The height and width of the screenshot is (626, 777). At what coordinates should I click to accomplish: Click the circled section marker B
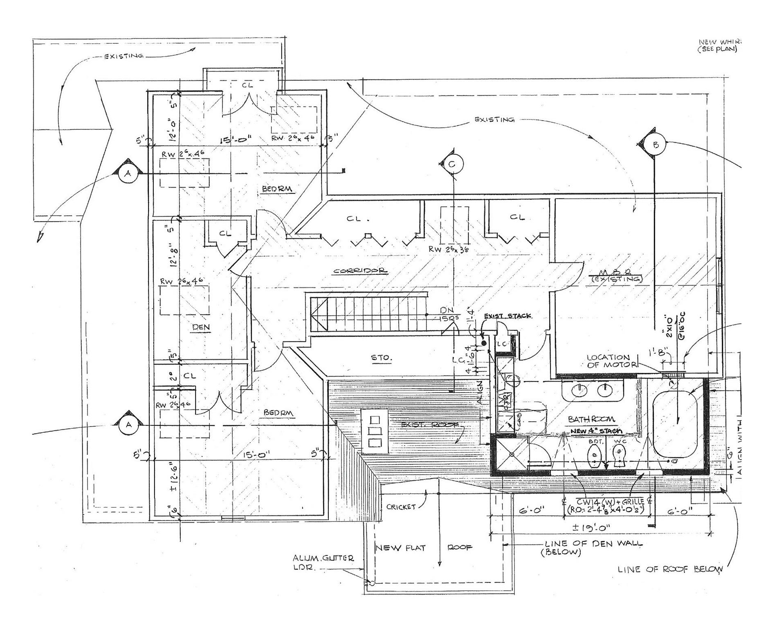click(x=656, y=145)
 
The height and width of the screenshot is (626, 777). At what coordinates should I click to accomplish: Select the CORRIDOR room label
click(x=360, y=271)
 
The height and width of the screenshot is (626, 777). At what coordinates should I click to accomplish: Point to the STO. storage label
click(x=381, y=358)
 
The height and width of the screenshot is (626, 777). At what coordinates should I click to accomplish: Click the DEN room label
click(x=201, y=327)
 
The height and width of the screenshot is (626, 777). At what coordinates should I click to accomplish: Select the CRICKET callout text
click(x=401, y=507)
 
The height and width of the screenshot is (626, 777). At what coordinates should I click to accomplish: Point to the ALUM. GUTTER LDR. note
click(x=323, y=562)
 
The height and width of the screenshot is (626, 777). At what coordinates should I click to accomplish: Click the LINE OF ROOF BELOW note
click(x=670, y=569)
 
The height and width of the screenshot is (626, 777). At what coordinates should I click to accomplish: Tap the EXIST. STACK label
click(x=508, y=316)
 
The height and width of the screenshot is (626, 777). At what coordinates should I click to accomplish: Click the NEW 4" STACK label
click(x=596, y=431)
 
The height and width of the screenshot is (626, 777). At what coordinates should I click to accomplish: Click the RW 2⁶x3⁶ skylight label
click(x=448, y=249)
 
